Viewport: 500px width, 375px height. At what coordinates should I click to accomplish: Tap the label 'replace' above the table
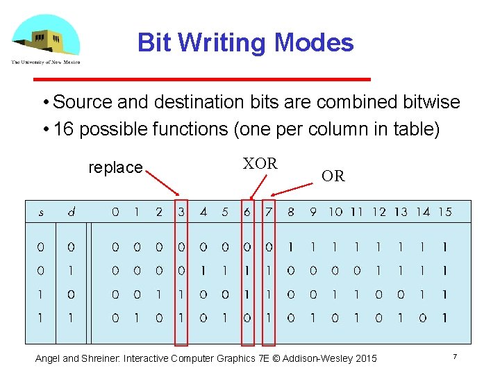click(115, 167)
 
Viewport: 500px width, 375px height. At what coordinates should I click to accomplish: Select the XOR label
click(260, 164)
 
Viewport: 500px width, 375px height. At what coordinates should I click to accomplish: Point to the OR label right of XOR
click(333, 176)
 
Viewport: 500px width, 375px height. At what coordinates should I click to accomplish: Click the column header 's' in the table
click(41, 212)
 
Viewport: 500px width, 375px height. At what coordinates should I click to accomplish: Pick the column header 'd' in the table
click(71, 212)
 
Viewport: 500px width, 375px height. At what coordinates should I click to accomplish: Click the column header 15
click(445, 212)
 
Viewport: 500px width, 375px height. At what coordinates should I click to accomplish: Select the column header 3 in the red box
click(181, 212)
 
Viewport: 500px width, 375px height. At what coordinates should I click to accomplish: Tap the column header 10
click(335, 212)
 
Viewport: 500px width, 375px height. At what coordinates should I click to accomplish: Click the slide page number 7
click(454, 357)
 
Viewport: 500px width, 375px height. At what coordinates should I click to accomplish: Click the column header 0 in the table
click(115, 212)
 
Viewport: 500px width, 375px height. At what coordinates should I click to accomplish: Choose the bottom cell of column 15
click(444, 318)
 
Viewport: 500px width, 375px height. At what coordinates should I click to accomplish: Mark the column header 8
click(290, 212)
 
